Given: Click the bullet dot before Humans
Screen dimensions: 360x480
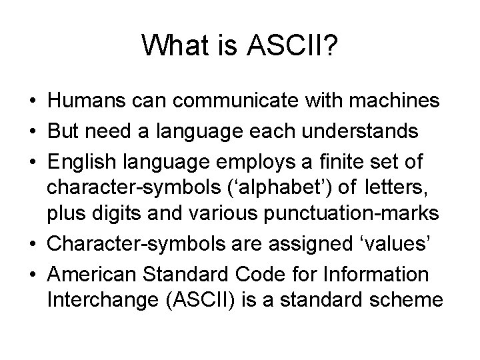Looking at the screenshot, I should pos(32,102).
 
